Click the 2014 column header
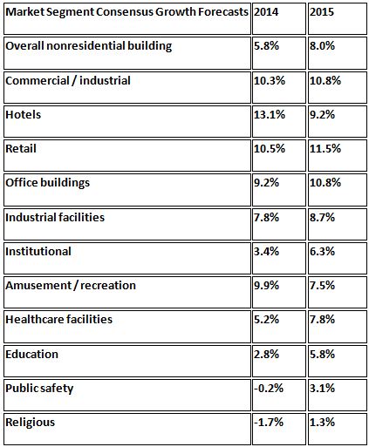coord(266,12)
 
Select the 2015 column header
coord(322,12)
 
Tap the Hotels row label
coord(24,114)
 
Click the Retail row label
coord(21,148)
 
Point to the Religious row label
coord(31,422)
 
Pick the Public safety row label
coord(39,389)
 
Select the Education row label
coord(32,354)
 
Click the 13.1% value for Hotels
coord(270,114)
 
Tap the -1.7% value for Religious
coord(269,422)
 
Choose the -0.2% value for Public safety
coord(269,388)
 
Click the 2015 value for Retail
coord(325,148)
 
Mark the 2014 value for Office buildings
coord(267,182)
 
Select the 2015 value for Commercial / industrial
coord(325,80)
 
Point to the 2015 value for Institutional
coord(323,251)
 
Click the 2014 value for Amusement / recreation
coord(267,285)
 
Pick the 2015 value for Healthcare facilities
coord(323,319)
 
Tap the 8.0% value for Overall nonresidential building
coord(323,46)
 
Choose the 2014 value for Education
coord(267,354)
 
